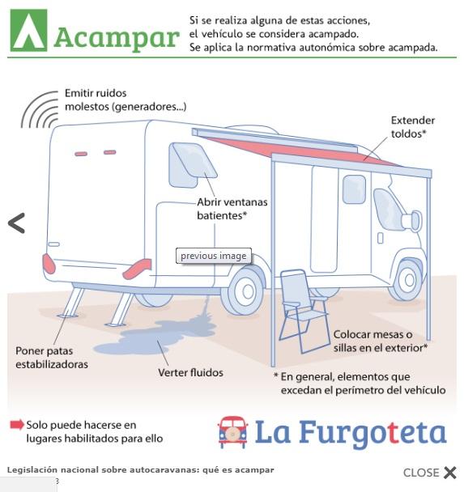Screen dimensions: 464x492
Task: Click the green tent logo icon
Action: click(28, 30)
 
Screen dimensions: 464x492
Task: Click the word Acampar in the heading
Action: click(117, 38)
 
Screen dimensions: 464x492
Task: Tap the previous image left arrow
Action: click(16, 223)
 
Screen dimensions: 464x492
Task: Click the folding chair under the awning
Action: click(304, 311)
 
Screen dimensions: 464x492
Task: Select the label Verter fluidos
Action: click(190, 372)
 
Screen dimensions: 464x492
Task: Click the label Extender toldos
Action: click(413, 127)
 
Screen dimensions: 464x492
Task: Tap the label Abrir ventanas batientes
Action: click(232, 209)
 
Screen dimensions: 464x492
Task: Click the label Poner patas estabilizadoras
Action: click(52, 358)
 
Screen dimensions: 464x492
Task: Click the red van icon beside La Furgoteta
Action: click(232, 432)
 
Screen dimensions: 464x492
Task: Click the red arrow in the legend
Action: click(17, 425)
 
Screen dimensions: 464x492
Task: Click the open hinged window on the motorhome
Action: click(192, 165)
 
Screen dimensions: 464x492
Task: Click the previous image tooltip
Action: click(214, 256)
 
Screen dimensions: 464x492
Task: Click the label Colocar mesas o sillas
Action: click(381, 341)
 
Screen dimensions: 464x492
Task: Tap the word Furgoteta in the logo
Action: click(372, 433)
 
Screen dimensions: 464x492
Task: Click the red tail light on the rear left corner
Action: click(49, 263)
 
